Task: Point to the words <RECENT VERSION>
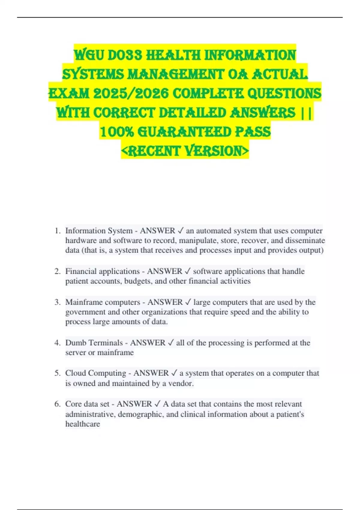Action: (185, 151)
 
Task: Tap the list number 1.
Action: (57, 231)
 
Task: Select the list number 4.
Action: (57, 343)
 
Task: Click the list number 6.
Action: (57, 404)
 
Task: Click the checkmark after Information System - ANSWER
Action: (181, 231)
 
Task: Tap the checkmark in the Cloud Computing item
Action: (174, 373)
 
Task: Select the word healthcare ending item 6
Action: (82, 424)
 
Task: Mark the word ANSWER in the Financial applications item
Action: (164, 271)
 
